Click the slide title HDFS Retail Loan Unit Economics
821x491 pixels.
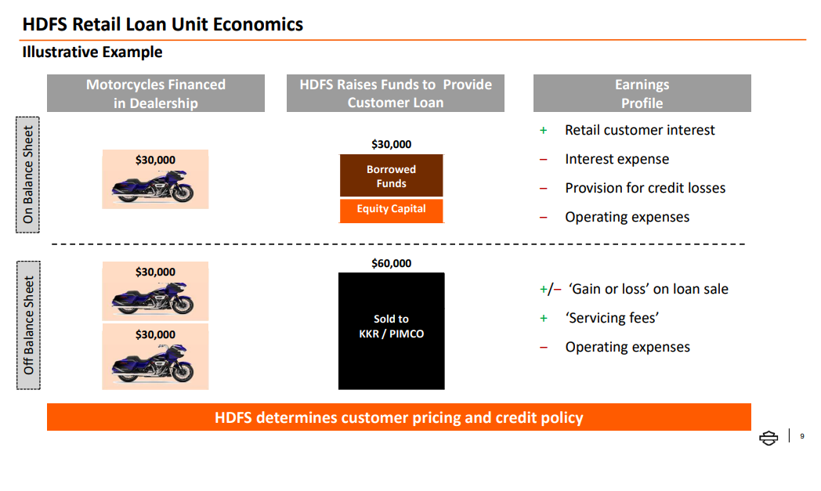pos(162,24)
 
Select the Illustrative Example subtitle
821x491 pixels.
pos(92,52)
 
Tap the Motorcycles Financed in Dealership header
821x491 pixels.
pos(156,93)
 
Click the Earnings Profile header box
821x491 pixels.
pos(642,93)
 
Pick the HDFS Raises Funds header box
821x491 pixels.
pos(396,93)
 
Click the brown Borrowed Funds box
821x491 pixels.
pos(391,176)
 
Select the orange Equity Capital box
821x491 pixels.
pos(391,211)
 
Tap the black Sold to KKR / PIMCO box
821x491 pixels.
pos(391,330)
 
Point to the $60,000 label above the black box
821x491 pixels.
pos(391,263)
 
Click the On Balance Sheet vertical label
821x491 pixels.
pos(27,175)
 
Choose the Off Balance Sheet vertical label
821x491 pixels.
pos(28,325)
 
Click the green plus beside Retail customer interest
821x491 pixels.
pos(544,130)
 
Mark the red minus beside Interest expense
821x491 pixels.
pos(544,159)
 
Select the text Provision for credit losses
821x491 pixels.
pos(645,188)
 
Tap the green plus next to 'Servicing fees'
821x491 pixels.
pos(544,318)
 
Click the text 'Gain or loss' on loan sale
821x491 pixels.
pos(648,289)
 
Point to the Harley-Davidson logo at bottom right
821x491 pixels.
pos(769,438)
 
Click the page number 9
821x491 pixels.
pos(802,436)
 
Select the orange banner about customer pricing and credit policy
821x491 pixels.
pos(399,417)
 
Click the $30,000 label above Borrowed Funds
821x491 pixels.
pos(391,144)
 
